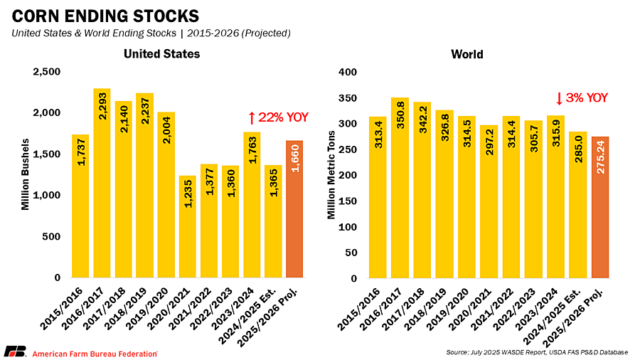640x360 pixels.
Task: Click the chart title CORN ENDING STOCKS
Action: pos(102,16)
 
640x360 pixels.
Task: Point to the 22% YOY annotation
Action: pos(278,117)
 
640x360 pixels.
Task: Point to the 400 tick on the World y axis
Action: pos(346,72)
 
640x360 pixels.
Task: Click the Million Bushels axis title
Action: pos(26,175)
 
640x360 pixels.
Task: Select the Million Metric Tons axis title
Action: pos(331,174)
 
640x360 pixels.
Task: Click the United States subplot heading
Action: pos(161,54)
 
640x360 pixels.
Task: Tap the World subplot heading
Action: pos(467,54)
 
